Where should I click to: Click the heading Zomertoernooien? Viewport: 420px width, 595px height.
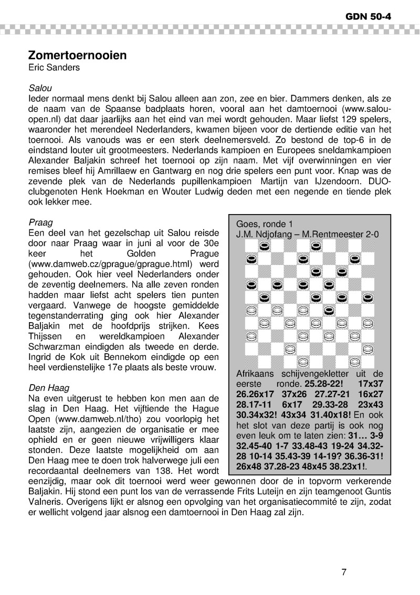point(78,55)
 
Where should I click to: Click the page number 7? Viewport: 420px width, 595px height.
point(344,572)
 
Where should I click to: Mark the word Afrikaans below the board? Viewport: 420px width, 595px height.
point(255,373)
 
